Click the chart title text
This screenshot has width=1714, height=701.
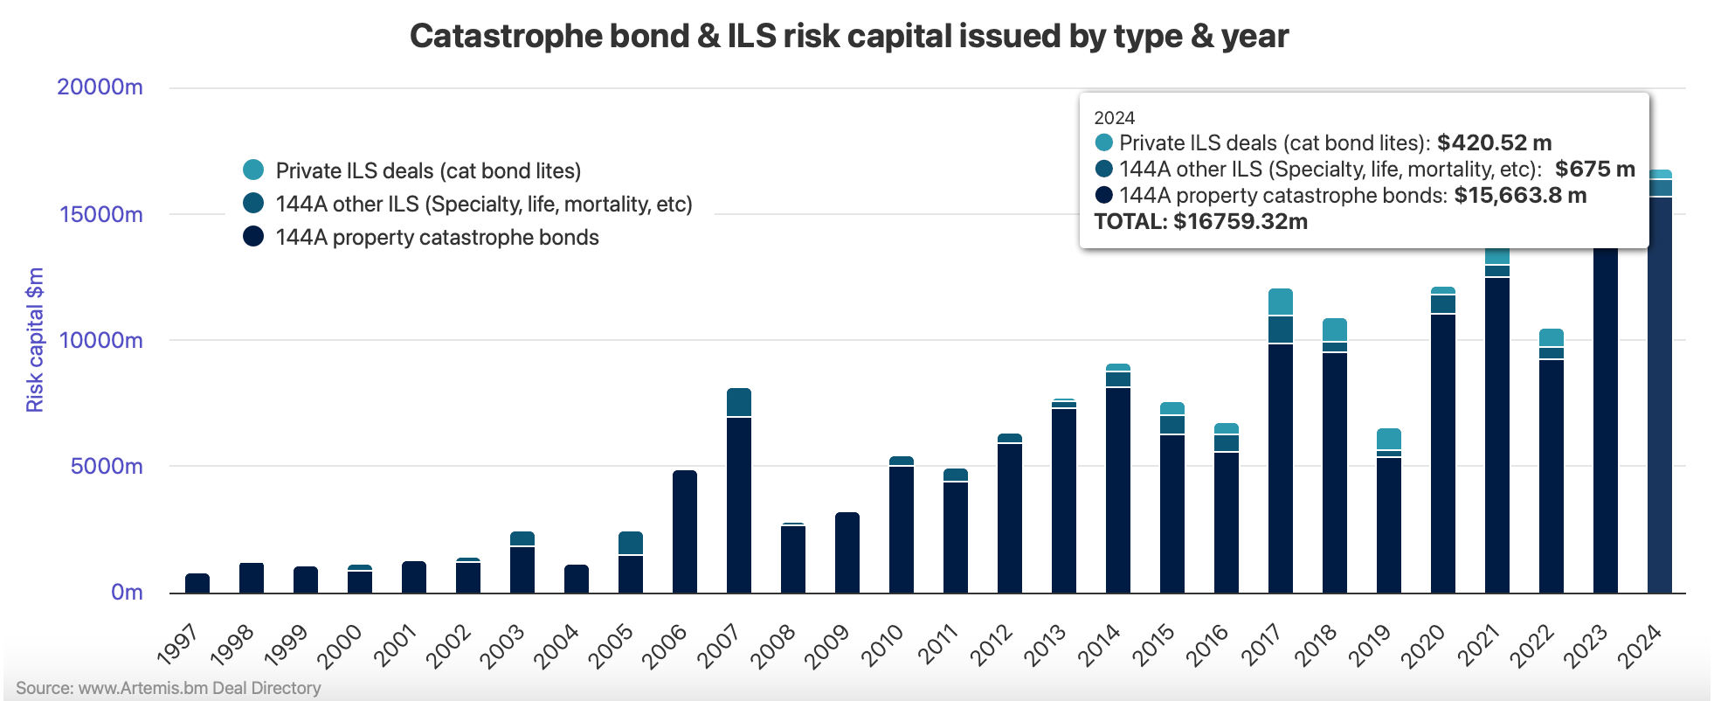pyautogui.click(x=848, y=37)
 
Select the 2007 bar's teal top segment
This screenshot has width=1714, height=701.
pyautogui.click(x=739, y=403)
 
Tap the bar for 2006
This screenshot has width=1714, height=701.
pyautogui.click(x=685, y=531)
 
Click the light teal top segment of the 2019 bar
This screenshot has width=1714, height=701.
pyautogui.click(x=1389, y=439)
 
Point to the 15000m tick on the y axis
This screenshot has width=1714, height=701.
pyautogui.click(x=100, y=214)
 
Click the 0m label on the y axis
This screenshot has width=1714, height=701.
pyautogui.click(x=127, y=592)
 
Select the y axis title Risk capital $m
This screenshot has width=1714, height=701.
pyautogui.click(x=35, y=340)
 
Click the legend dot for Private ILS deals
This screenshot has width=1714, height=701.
pyautogui.click(x=253, y=170)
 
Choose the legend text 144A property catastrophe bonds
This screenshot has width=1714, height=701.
pyautogui.click(x=437, y=237)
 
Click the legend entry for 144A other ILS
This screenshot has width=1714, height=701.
pyautogui.click(x=483, y=204)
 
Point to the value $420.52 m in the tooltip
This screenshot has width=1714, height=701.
pyautogui.click(x=1494, y=142)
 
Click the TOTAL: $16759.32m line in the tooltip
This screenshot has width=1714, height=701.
pyautogui.click(x=1200, y=221)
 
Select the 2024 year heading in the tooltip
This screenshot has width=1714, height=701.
pyautogui.click(x=1114, y=118)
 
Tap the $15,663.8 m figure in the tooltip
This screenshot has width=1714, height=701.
pyautogui.click(x=1520, y=195)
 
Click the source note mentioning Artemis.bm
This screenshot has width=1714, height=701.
pyautogui.click(x=169, y=688)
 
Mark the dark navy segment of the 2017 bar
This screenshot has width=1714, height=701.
pyautogui.click(x=1281, y=468)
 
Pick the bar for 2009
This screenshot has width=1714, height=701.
pyautogui.click(x=847, y=552)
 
